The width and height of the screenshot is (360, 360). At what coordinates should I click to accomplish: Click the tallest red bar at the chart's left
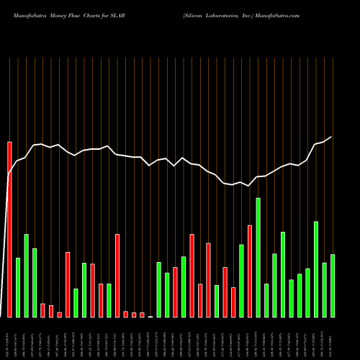click(9, 229)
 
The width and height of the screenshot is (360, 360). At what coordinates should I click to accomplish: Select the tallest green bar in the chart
click(258, 257)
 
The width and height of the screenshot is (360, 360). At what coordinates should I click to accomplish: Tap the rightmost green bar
click(333, 285)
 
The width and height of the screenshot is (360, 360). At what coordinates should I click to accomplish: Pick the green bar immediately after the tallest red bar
click(18, 287)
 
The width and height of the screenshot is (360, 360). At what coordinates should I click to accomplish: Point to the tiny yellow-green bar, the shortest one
click(150, 316)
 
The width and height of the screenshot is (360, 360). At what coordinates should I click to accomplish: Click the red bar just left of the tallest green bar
click(250, 271)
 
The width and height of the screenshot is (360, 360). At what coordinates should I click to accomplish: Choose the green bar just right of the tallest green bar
click(266, 300)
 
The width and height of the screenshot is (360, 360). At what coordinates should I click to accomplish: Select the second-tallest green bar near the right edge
click(316, 269)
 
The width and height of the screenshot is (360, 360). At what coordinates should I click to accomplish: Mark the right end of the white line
click(332, 137)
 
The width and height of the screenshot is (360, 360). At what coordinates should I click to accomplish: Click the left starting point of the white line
click(7, 175)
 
